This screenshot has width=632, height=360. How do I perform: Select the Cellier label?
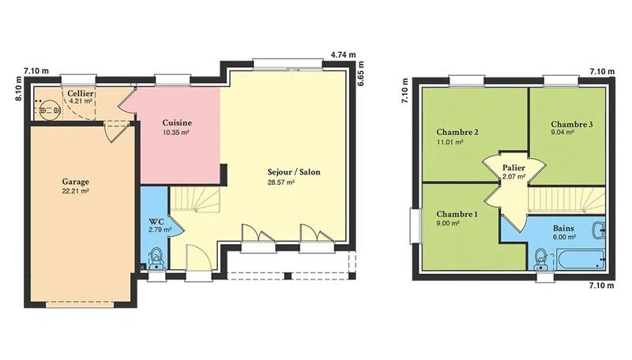[x=81, y=93]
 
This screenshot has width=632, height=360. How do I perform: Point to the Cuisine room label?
[x=177, y=123]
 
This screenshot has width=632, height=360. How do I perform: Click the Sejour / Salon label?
[x=294, y=171]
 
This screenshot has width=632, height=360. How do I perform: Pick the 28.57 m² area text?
[x=281, y=182]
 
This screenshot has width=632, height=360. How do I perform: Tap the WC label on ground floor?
[x=155, y=221]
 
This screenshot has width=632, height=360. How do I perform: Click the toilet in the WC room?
[x=156, y=257]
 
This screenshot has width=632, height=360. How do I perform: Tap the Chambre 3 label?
[x=572, y=124]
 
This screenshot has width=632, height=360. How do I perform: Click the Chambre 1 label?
[x=457, y=214]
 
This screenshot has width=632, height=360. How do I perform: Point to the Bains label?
[x=563, y=227]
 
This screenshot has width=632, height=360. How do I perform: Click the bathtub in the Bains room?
[x=581, y=257]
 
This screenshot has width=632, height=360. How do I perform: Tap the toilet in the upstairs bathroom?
[x=542, y=257]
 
